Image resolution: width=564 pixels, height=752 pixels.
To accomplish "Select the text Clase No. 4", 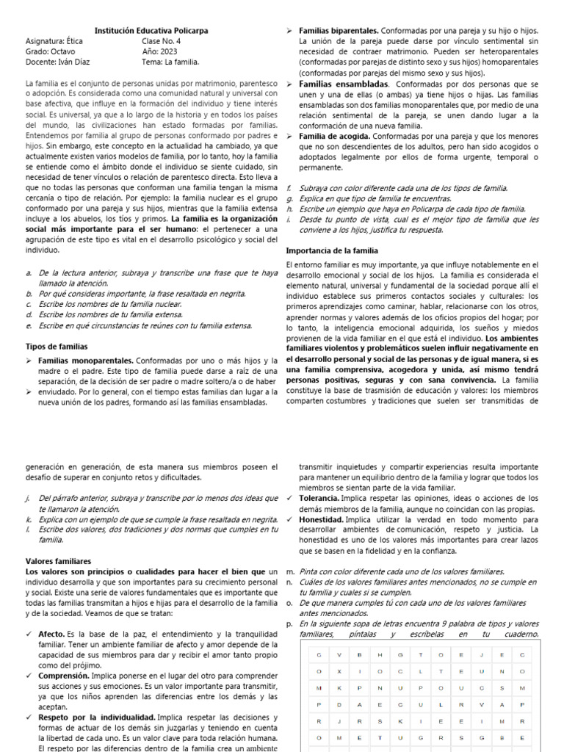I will [162, 41].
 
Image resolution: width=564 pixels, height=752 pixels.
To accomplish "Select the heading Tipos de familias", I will [57, 345].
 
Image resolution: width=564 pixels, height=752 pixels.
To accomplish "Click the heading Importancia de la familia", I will [331, 250].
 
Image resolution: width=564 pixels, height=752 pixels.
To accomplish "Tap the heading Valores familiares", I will [57, 561].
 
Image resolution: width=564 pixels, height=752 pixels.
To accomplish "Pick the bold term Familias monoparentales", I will [85, 361].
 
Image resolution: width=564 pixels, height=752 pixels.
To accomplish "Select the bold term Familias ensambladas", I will [338, 84].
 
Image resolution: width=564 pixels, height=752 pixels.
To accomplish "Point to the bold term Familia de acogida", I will [334, 137].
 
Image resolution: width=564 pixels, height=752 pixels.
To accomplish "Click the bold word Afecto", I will [51, 634].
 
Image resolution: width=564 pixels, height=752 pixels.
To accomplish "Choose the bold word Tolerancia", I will [321, 498].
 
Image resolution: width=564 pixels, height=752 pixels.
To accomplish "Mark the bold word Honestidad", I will [322, 518].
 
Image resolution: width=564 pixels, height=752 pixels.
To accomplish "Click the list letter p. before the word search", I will [289, 623].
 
